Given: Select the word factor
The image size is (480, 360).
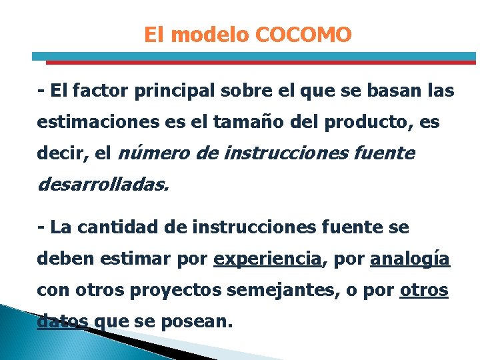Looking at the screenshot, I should [x=101, y=91].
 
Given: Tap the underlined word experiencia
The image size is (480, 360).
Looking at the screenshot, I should [x=268, y=259].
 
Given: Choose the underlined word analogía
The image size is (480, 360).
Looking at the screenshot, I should [x=410, y=259].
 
